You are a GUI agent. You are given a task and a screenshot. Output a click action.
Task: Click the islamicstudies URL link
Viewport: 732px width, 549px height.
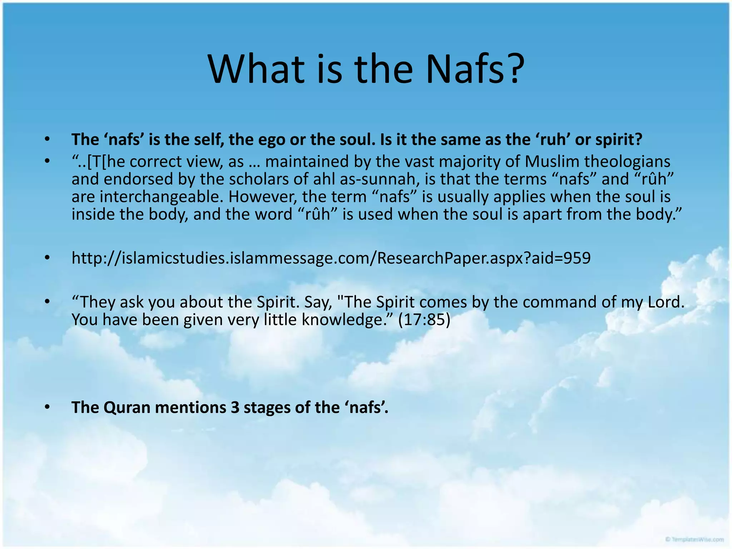click(x=331, y=258)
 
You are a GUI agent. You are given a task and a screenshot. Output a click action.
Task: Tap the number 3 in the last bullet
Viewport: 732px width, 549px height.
click(x=235, y=407)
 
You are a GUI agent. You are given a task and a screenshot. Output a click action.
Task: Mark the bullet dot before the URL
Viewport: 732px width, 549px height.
click(x=47, y=258)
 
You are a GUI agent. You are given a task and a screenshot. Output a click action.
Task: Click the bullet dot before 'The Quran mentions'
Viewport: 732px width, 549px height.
click(x=47, y=407)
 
